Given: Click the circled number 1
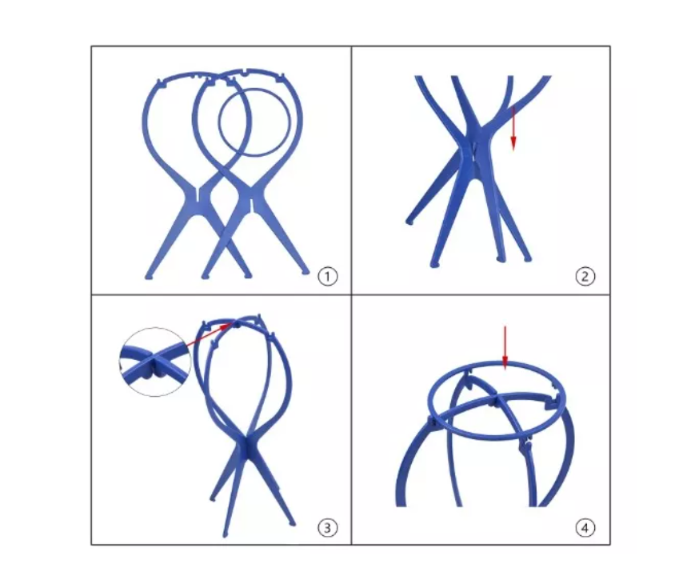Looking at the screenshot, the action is click(x=328, y=277).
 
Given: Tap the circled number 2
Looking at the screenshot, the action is click(x=585, y=277).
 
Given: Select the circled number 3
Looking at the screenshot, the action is click(x=328, y=528).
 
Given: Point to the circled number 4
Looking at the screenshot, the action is click(x=585, y=528).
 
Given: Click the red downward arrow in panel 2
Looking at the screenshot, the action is click(x=513, y=128).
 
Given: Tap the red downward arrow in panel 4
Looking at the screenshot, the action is click(x=505, y=348).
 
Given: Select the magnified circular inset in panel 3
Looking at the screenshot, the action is click(x=154, y=362).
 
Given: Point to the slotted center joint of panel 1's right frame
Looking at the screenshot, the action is click(x=252, y=204).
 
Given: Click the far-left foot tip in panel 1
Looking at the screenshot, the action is click(x=148, y=277).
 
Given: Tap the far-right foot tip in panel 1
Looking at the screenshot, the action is click(x=306, y=272).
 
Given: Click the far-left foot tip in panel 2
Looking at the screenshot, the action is click(x=409, y=222).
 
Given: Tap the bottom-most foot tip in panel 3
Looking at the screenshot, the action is click(x=226, y=534).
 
